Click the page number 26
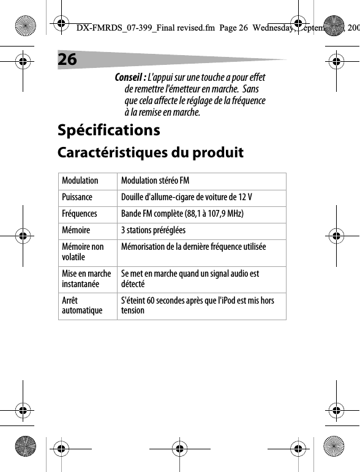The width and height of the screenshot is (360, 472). pyautogui.click(x=68, y=59)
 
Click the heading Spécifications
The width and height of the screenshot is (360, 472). pyautogui.click(x=108, y=130)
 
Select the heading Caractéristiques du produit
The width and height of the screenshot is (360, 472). pyautogui.click(x=150, y=152)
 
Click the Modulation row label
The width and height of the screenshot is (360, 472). pyautogui.click(x=80, y=181)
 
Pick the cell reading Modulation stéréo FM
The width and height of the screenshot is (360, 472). pyautogui.click(x=155, y=181)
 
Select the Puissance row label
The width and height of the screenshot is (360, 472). pyautogui.click(x=77, y=198)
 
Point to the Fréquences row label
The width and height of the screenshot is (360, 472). pyautogui.click(x=79, y=214)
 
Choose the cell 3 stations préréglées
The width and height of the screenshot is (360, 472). pyautogui.click(x=153, y=231)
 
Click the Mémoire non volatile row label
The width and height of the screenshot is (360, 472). pyautogui.click(x=83, y=252)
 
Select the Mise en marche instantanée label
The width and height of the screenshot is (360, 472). pyautogui.click(x=86, y=279)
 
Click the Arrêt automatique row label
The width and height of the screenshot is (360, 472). pyautogui.click(x=82, y=305)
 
